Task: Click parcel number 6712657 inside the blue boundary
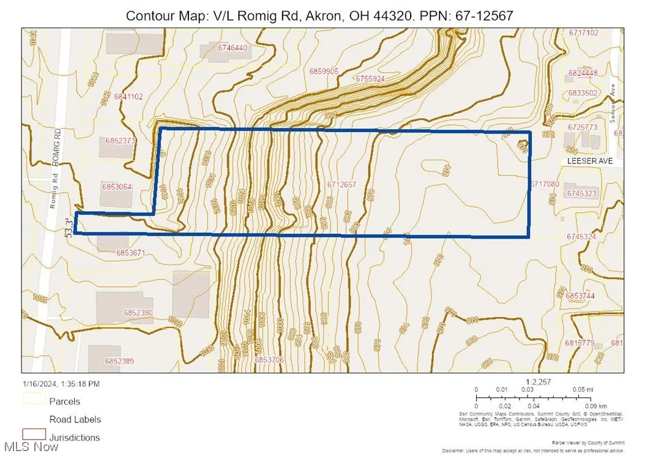pyautogui.click(x=341, y=184)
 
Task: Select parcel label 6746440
pyautogui.click(x=233, y=48)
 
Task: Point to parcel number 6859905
pyautogui.click(x=324, y=72)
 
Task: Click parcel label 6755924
pyautogui.click(x=369, y=79)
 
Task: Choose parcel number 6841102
pyautogui.click(x=127, y=96)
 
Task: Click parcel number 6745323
pyautogui.click(x=581, y=193)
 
